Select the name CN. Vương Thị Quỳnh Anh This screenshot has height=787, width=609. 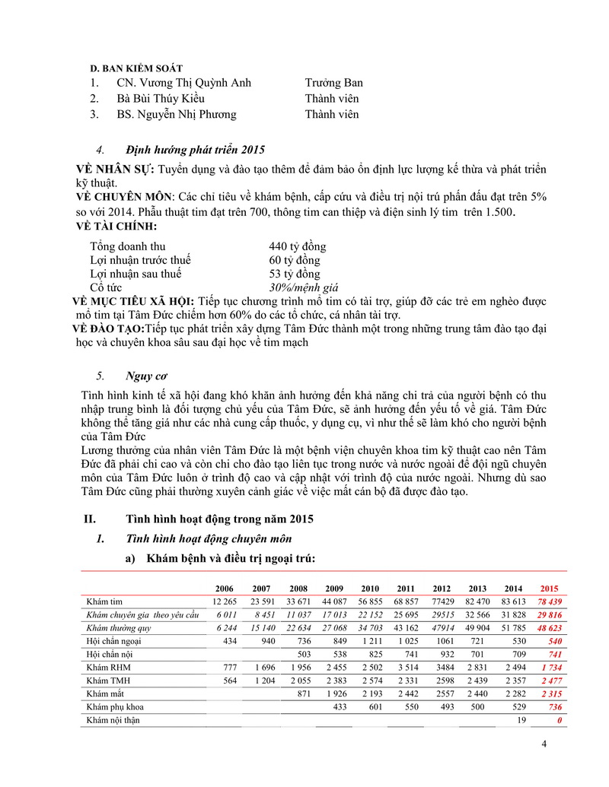(183, 83)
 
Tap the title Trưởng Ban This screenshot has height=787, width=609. (333, 83)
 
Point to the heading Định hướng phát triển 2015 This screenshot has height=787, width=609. (196, 149)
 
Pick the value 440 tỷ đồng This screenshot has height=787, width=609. (297, 247)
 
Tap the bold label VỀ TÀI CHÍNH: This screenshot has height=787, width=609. (116, 227)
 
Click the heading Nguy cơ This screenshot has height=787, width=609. (147, 376)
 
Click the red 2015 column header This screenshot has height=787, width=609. (548, 589)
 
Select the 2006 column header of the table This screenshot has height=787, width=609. (225, 589)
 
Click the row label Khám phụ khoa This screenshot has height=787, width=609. (114, 706)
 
